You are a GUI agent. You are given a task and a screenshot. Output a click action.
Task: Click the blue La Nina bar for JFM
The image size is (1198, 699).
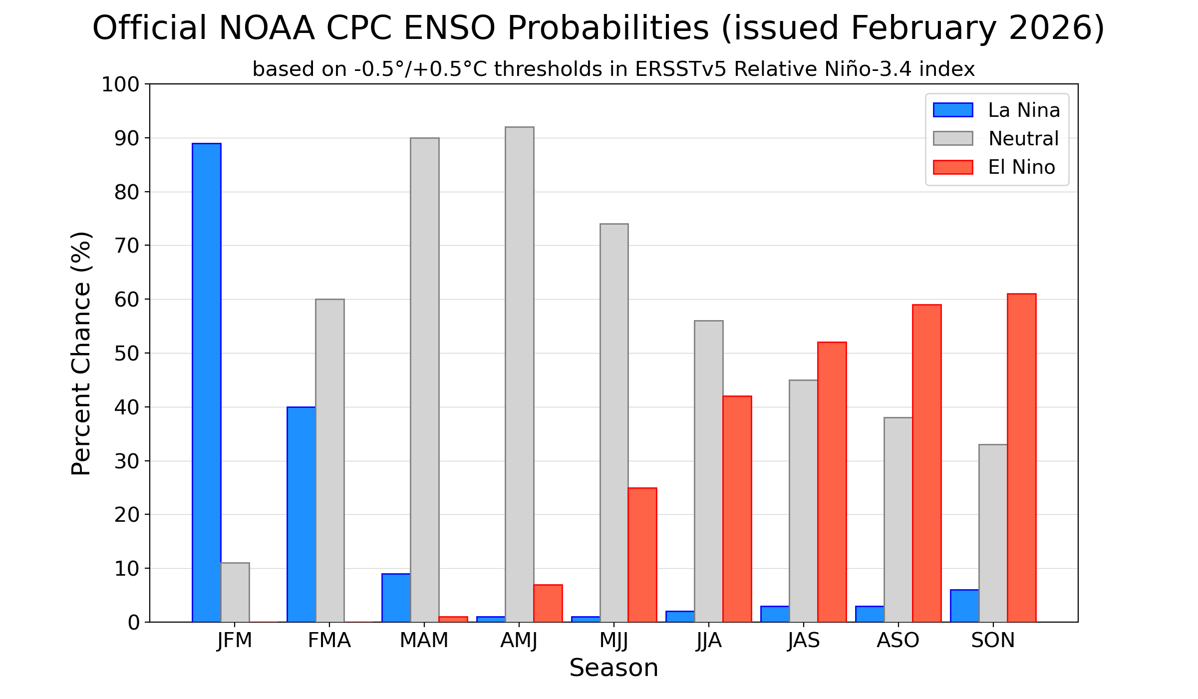206,382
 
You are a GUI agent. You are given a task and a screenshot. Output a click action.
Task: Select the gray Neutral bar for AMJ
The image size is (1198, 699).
519,374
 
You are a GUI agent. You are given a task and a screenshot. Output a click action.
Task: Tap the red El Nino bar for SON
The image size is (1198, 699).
1021,458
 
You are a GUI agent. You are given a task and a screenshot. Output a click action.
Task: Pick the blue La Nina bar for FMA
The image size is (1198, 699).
301,514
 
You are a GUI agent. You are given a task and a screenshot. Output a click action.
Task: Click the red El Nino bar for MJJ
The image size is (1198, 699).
642,555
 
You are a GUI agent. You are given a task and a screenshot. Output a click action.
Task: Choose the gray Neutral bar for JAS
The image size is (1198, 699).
803,501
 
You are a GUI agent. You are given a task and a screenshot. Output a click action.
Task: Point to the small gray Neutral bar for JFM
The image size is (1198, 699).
235,592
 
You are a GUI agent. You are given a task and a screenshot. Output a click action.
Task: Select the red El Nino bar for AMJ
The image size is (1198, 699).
548,603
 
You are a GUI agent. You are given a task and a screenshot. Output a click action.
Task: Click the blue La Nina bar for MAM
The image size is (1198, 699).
396,598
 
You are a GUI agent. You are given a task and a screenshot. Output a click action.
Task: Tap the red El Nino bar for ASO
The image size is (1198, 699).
926,463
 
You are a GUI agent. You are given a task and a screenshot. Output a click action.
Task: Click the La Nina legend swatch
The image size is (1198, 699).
952,110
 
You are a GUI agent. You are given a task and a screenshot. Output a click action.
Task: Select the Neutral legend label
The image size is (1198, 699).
1023,139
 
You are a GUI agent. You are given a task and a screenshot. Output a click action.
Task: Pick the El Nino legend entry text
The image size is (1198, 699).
1021,167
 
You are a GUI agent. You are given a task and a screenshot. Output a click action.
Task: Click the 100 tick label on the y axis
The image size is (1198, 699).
120,84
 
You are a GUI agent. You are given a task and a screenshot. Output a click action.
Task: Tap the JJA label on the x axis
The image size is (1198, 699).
708,640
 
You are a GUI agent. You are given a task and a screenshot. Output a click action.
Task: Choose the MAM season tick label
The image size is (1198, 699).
424,640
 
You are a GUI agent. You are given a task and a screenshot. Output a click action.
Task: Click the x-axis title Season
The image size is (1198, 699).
613,668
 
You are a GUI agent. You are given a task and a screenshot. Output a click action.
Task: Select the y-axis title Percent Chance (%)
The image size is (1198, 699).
81,353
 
